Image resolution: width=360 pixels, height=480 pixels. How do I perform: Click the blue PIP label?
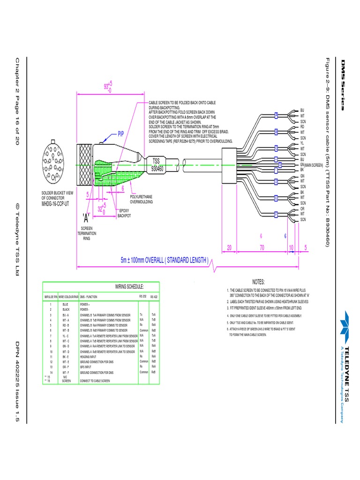point(120,134)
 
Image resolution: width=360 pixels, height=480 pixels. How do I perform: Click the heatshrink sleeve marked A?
point(276,115)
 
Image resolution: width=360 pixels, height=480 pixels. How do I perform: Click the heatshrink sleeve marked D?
point(276,181)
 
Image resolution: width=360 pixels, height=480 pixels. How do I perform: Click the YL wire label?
point(303,143)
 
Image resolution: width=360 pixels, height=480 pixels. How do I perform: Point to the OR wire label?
point(303,209)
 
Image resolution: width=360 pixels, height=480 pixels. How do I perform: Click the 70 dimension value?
point(261,247)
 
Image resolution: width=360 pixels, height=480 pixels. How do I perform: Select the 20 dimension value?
point(229,247)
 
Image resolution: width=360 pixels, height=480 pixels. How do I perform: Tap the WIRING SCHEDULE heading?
point(129,286)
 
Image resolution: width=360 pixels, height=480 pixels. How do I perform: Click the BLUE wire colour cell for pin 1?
point(65,304)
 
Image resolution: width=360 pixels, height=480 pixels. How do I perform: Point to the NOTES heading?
point(259,282)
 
